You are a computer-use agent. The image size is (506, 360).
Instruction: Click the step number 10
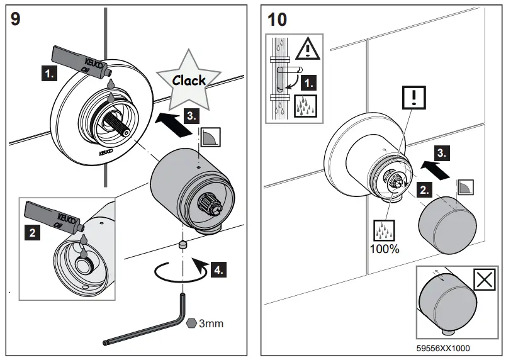pos(277,18)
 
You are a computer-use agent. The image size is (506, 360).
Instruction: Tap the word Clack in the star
pos(189,80)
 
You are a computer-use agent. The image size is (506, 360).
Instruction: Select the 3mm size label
pos(211,323)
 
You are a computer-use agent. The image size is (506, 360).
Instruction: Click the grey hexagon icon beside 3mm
pos(193,323)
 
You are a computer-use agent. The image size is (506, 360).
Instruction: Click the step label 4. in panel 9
pos(216,270)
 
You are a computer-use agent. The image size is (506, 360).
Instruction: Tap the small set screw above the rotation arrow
pos(182,244)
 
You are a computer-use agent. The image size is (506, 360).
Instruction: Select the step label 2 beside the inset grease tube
pos(33,233)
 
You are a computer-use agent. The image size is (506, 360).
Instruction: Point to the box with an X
pos(483,281)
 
